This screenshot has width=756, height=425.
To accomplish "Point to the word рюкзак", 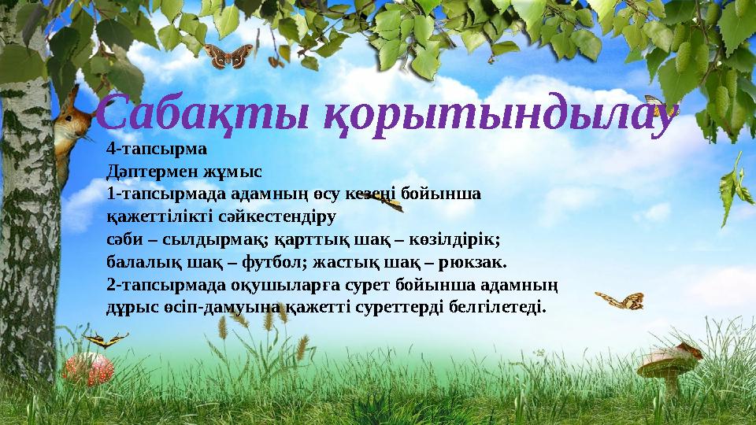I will click(471, 260).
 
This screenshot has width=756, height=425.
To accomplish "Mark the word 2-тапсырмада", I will click(156, 282).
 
